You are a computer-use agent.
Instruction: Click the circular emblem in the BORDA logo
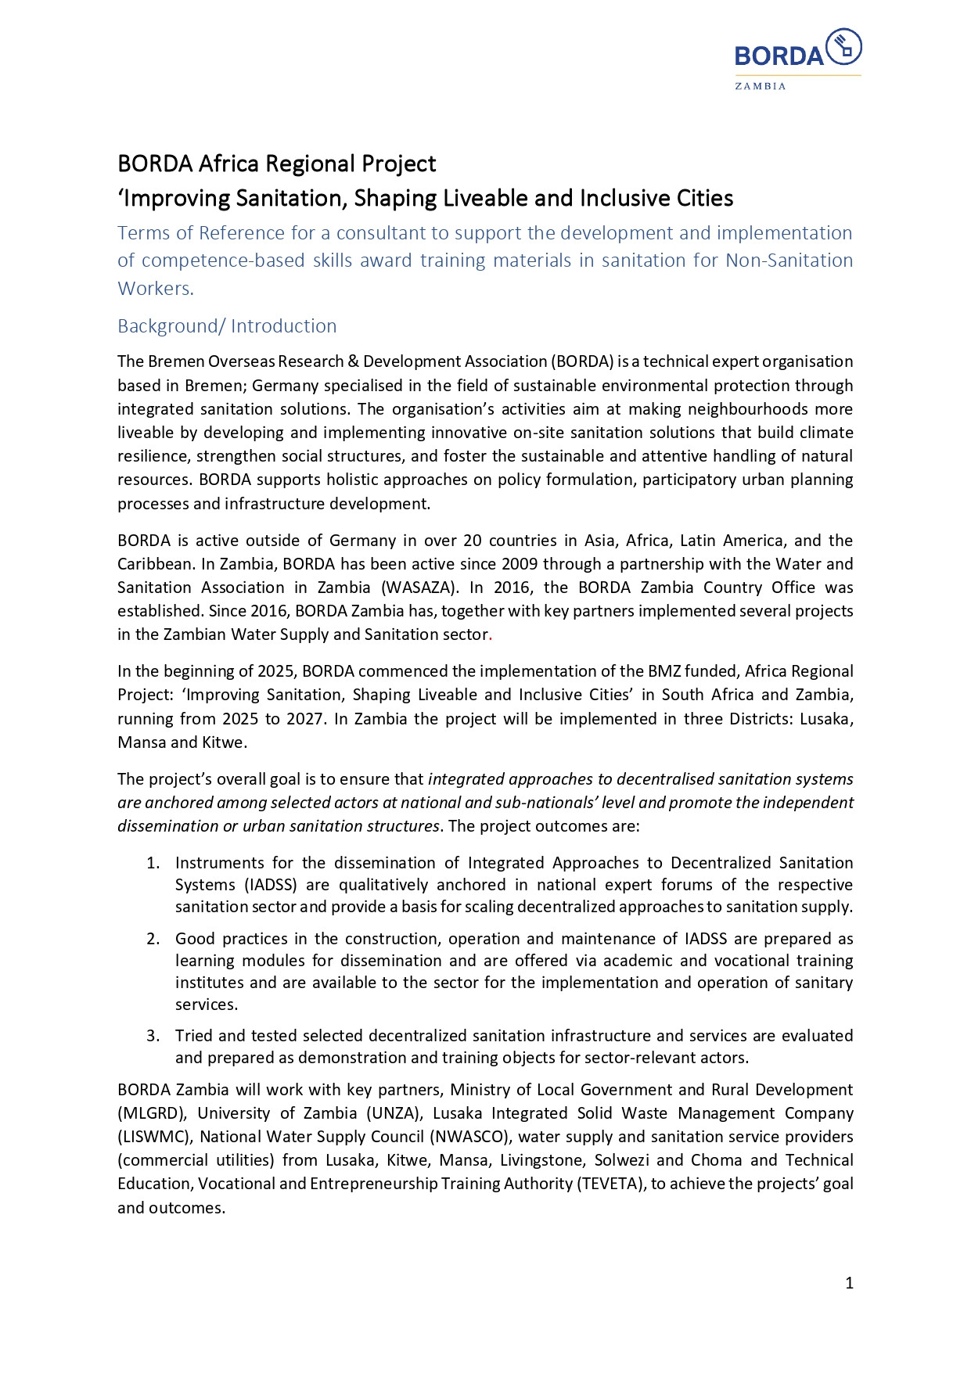tap(843, 46)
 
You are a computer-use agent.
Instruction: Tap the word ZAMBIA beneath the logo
tap(760, 86)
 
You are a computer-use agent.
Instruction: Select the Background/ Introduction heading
tap(227, 326)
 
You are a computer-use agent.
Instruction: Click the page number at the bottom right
tap(849, 1283)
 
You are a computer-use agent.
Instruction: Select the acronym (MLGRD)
tap(152, 1113)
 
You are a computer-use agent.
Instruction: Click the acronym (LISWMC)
tap(155, 1137)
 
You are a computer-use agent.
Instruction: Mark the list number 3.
tap(153, 1036)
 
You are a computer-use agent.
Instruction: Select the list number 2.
tap(153, 939)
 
